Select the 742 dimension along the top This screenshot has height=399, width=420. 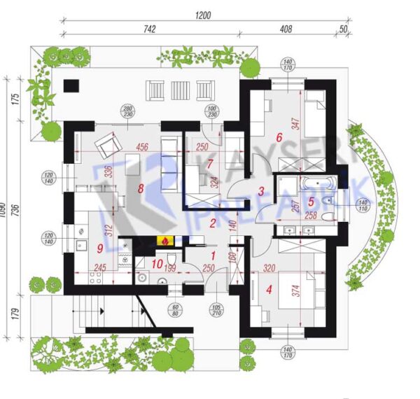click(x=148, y=29)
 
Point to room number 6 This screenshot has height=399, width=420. click(x=279, y=138)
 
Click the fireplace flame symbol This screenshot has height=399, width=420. click(x=164, y=241)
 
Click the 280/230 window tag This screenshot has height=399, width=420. click(x=127, y=111)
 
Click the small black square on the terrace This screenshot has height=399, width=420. click(x=70, y=86)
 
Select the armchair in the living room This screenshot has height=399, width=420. click(x=107, y=146)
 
